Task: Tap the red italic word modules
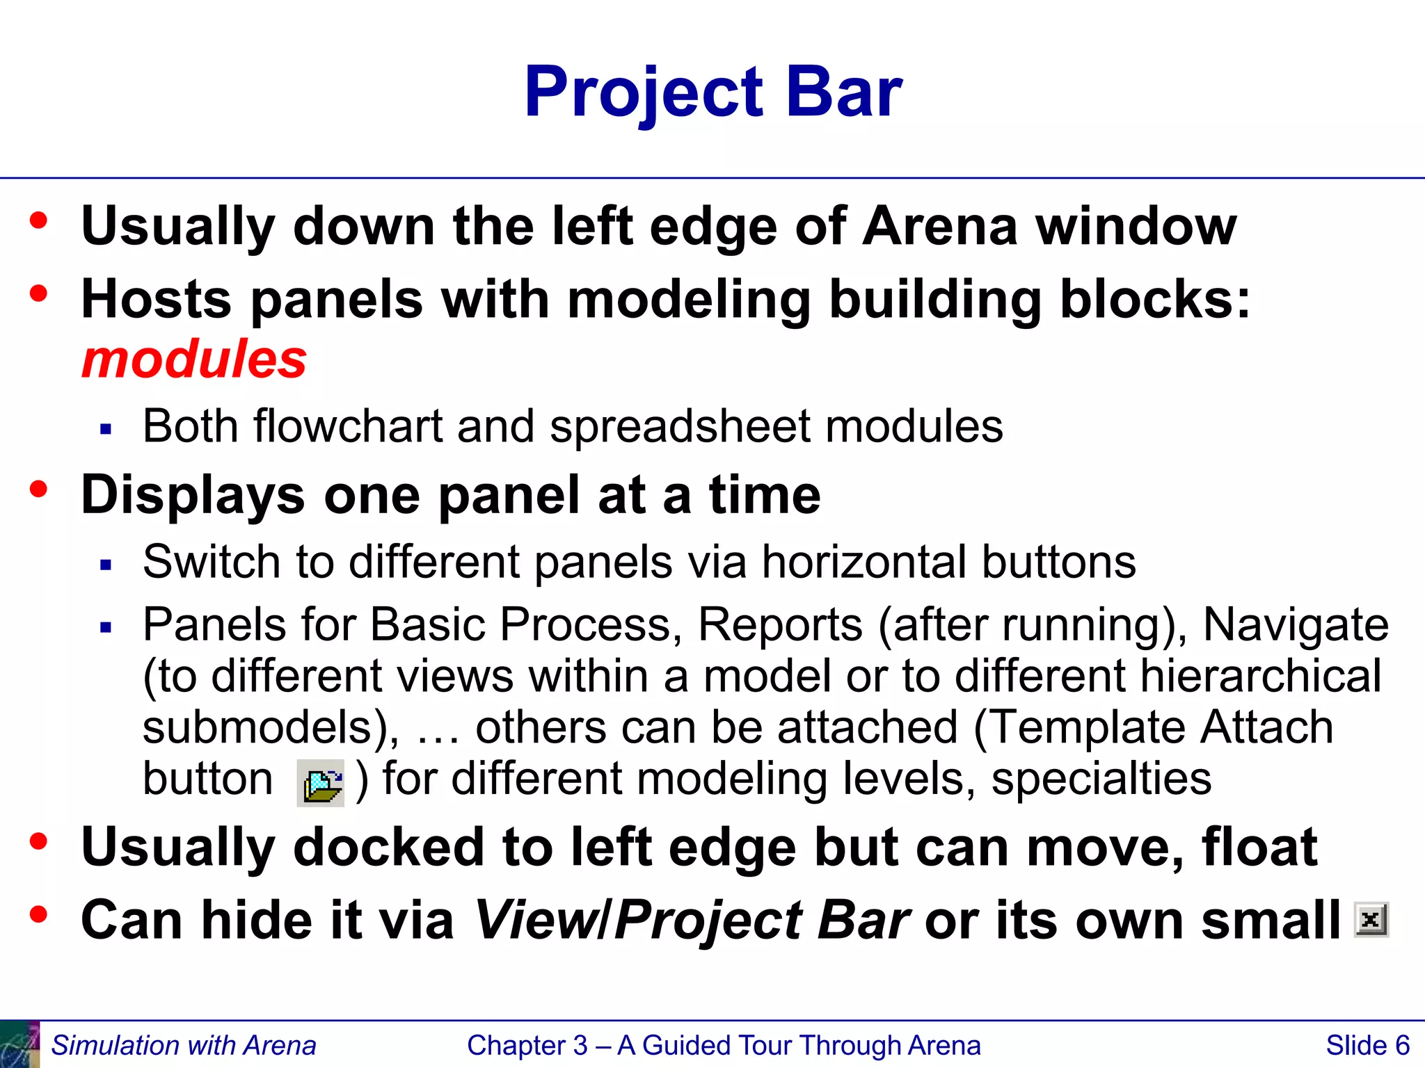(x=194, y=359)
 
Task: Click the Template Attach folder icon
(x=321, y=784)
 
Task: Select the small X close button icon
(x=1371, y=920)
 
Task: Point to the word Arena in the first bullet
(x=940, y=227)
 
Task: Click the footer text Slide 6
(x=1367, y=1046)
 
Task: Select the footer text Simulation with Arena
(x=184, y=1046)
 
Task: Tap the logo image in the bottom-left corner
(x=19, y=1044)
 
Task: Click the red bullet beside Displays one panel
(x=39, y=489)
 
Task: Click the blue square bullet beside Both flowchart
(x=106, y=429)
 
